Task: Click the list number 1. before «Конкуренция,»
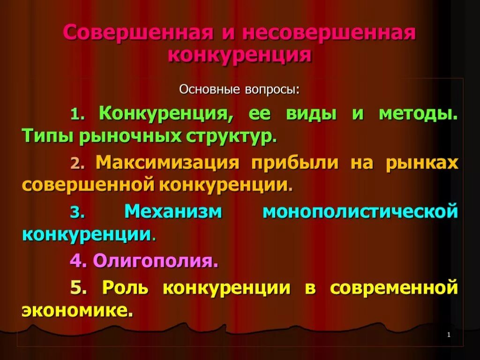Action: [77, 114]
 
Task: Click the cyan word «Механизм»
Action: [173, 211]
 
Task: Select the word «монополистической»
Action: [360, 211]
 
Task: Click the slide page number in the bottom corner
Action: [449, 335]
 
